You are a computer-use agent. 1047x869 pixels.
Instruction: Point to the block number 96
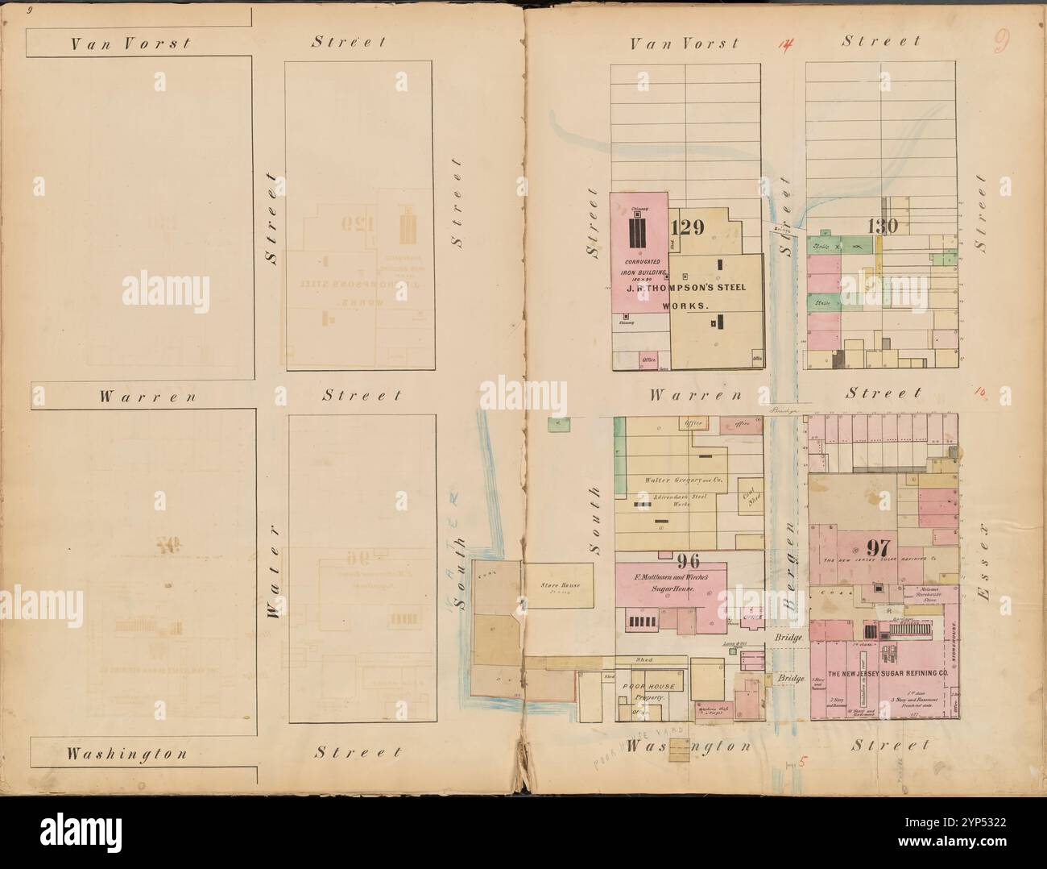pyautogui.click(x=689, y=561)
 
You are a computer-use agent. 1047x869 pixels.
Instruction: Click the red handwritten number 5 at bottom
pyautogui.click(x=802, y=764)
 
